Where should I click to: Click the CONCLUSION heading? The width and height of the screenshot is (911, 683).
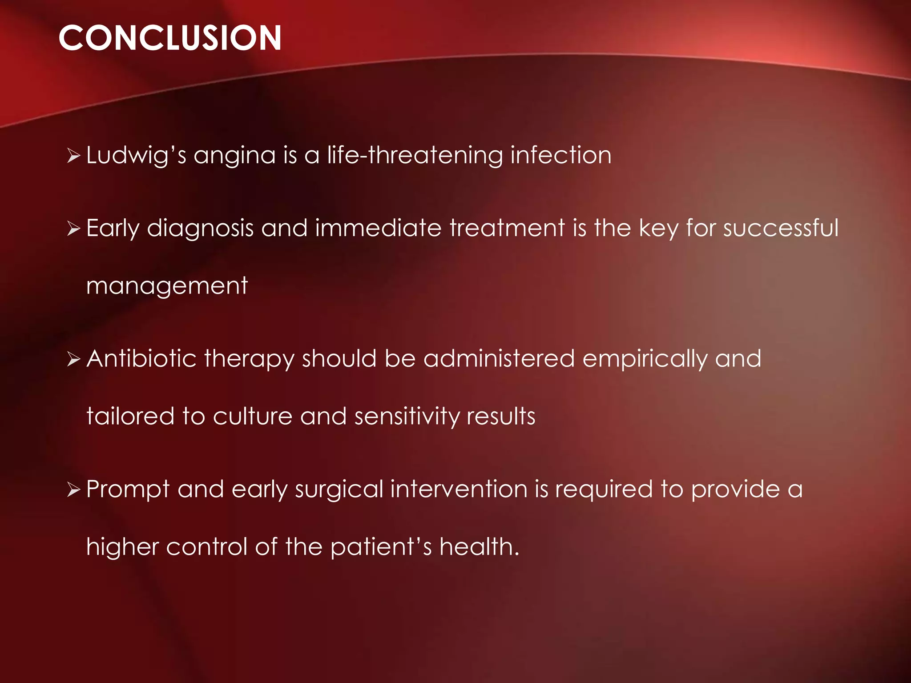click(x=169, y=38)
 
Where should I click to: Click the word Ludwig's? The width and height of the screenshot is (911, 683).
click(x=136, y=156)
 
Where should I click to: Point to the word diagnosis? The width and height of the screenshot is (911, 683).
click(x=200, y=229)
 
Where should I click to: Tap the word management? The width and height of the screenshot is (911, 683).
click(x=167, y=286)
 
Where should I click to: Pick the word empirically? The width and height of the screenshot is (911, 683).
click(x=645, y=359)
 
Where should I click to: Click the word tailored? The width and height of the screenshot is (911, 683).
click(x=130, y=416)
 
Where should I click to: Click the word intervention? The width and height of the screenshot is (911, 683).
click(x=459, y=489)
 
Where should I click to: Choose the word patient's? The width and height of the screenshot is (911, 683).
click(x=381, y=547)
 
